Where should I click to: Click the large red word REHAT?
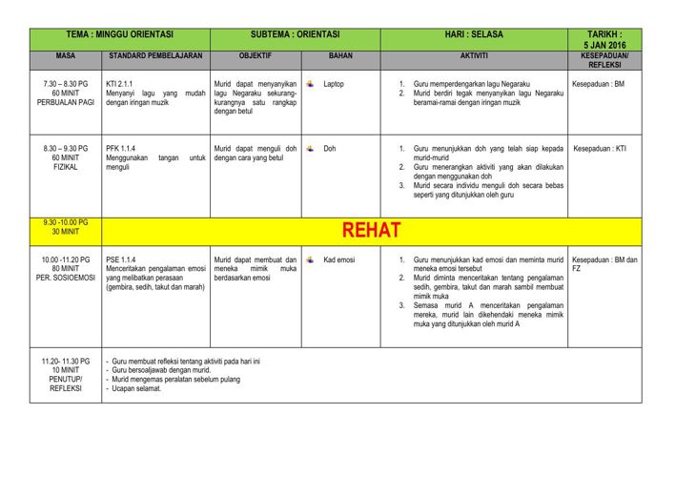(371, 231)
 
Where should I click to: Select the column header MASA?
(65, 56)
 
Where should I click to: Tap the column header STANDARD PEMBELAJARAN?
(154, 56)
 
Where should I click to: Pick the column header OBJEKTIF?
(256, 56)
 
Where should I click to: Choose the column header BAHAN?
(340, 56)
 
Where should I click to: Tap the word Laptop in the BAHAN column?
(334, 84)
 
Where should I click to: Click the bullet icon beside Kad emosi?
(310, 259)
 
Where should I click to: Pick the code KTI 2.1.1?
(119, 84)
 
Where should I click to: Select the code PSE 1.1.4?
(121, 259)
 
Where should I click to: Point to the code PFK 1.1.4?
(121, 149)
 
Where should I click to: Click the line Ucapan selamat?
(136, 388)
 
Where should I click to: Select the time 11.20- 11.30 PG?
(65, 361)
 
